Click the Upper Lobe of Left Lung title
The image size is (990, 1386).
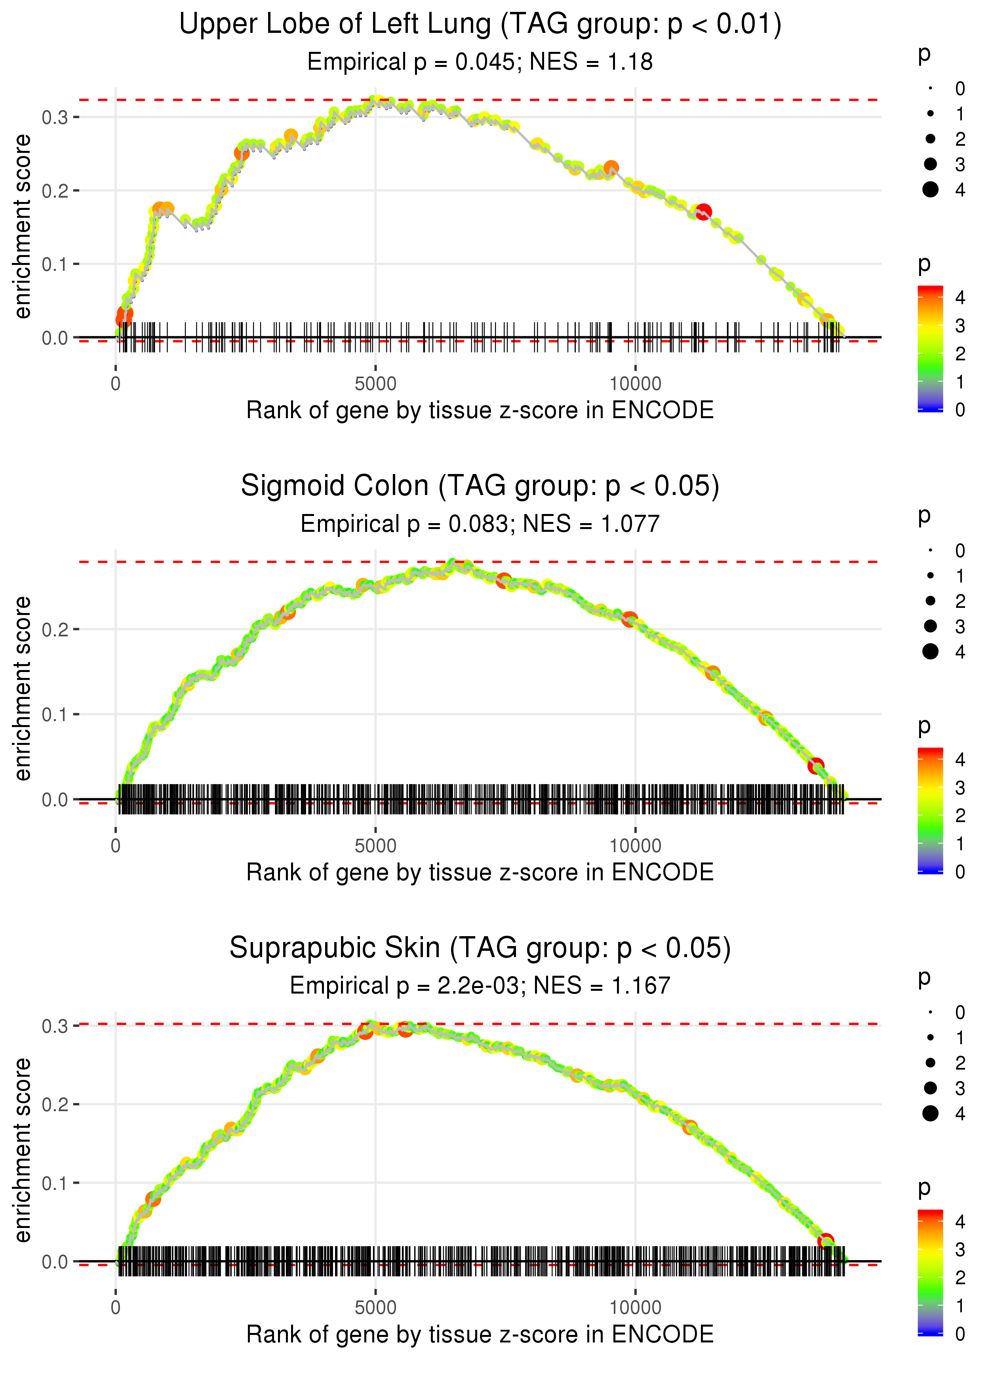(480, 25)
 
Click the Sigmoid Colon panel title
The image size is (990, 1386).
(480, 486)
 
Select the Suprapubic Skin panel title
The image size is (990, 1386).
(480, 948)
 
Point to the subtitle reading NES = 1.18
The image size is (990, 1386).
(591, 62)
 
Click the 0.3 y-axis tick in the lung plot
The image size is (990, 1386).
(55, 117)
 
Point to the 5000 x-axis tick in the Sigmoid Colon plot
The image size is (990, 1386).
(375, 845)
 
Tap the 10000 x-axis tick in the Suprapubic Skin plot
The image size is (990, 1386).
(635, 1307)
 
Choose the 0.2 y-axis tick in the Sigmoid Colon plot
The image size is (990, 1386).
(55, 629)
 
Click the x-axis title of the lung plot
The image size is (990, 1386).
(480, 410)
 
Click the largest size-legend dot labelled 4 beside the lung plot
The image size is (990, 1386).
(930, 190)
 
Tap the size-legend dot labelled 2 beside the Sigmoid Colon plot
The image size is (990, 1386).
(930, 601)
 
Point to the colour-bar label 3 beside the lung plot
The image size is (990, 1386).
(960, 326)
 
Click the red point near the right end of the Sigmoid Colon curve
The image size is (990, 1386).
(816, 765)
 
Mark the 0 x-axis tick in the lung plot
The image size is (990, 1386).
(116, 384)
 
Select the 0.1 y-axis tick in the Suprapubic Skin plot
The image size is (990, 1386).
(55, 1183)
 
